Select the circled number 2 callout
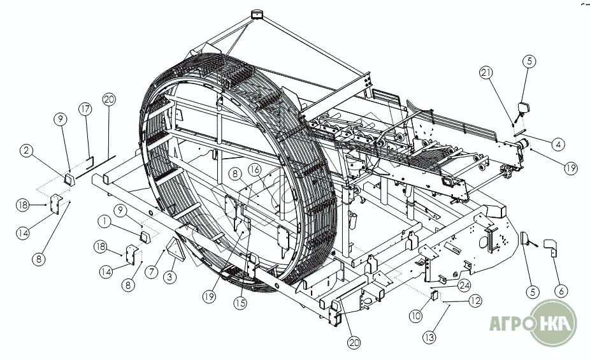pos(26,150)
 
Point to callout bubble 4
pos(558,145)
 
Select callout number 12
pos(474,301)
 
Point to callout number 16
pos(254,170)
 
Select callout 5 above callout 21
pos(530,62)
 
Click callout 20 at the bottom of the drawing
pos(354,342)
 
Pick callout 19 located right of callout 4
pos(570,168)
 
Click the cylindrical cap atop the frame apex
pos(258,14)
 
